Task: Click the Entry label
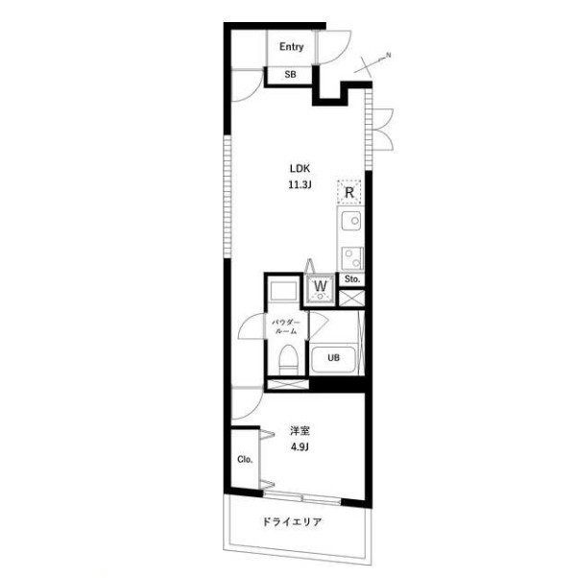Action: click(291, 47)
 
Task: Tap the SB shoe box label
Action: click(290, 75)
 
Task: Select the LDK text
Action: click(300, 169)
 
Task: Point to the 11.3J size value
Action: click(300, 184)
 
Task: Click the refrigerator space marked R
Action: click(349, 192)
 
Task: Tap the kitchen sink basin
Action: click(350, 221)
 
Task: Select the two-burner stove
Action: click(352, 258)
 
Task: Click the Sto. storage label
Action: click(352, 279)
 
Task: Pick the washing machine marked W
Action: click(321, 290)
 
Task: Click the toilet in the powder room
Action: click(288, 359)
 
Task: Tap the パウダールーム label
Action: click(286, 326)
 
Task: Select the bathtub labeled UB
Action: click(333, 359)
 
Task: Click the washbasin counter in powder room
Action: click(283, 291)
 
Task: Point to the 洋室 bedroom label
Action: click(300, 431)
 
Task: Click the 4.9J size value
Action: click(300, 447)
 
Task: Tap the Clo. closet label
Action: click(245, 459)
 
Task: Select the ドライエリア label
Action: click(292, 521)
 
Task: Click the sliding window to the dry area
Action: click(302, 497)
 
